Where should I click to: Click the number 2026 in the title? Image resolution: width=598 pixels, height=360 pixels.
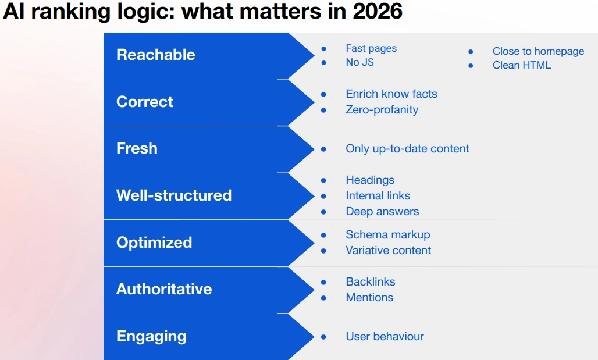(x=378, y=12)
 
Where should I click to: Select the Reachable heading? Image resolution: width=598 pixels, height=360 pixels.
(x=155, y=55)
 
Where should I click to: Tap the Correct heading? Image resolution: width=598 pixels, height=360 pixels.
(x=144, y=102)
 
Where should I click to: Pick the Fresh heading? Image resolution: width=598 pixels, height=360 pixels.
(x=137, y=148)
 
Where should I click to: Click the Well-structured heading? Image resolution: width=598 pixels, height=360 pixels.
(x=174, y=195)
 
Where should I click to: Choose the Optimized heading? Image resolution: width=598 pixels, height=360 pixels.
(x=154, y=243)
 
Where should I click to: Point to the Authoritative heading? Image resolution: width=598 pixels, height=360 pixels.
(x=164, y=289)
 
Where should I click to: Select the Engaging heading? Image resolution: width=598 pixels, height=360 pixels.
(x=151, y=337)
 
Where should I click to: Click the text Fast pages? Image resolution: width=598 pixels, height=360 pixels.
(x=371, y=48)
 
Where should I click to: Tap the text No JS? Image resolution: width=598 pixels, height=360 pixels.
(x=359, y=62)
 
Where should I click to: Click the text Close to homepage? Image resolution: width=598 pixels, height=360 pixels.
(x=538, y=52)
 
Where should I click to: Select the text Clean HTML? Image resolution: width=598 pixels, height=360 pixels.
(x=522, y=65)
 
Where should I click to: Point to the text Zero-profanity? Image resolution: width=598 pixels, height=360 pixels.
(x=382, y=110)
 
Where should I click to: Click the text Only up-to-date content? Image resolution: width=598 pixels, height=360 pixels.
(x=407, y=149)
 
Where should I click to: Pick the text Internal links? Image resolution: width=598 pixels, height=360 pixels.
(x=378, y=195)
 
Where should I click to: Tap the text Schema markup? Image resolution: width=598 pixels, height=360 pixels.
(x=388, y=235)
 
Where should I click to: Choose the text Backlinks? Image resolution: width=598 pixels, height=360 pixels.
(x=371, y=282)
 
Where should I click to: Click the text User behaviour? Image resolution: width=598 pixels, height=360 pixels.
(x=385, y=336)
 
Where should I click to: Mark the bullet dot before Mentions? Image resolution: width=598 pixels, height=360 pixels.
(x=324, y=298)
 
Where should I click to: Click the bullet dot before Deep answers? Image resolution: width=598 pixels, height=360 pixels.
(x=324, y=212)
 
